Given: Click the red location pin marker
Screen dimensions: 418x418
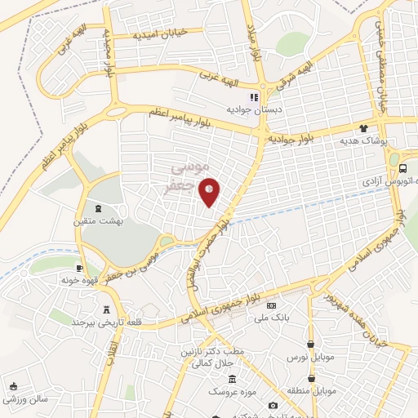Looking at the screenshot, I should [210, 192].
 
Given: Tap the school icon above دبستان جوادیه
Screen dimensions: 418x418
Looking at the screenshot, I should [253, 97].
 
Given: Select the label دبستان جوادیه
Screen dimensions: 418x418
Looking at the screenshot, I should [254, 109].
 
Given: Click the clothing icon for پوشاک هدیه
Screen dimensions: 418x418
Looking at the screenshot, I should [363, 128].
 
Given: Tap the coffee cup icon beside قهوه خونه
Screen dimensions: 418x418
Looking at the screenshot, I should [79, 268].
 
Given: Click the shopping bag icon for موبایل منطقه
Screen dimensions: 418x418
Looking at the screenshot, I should [311, 379].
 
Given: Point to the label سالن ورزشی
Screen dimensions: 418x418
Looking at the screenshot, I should [24, 399].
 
